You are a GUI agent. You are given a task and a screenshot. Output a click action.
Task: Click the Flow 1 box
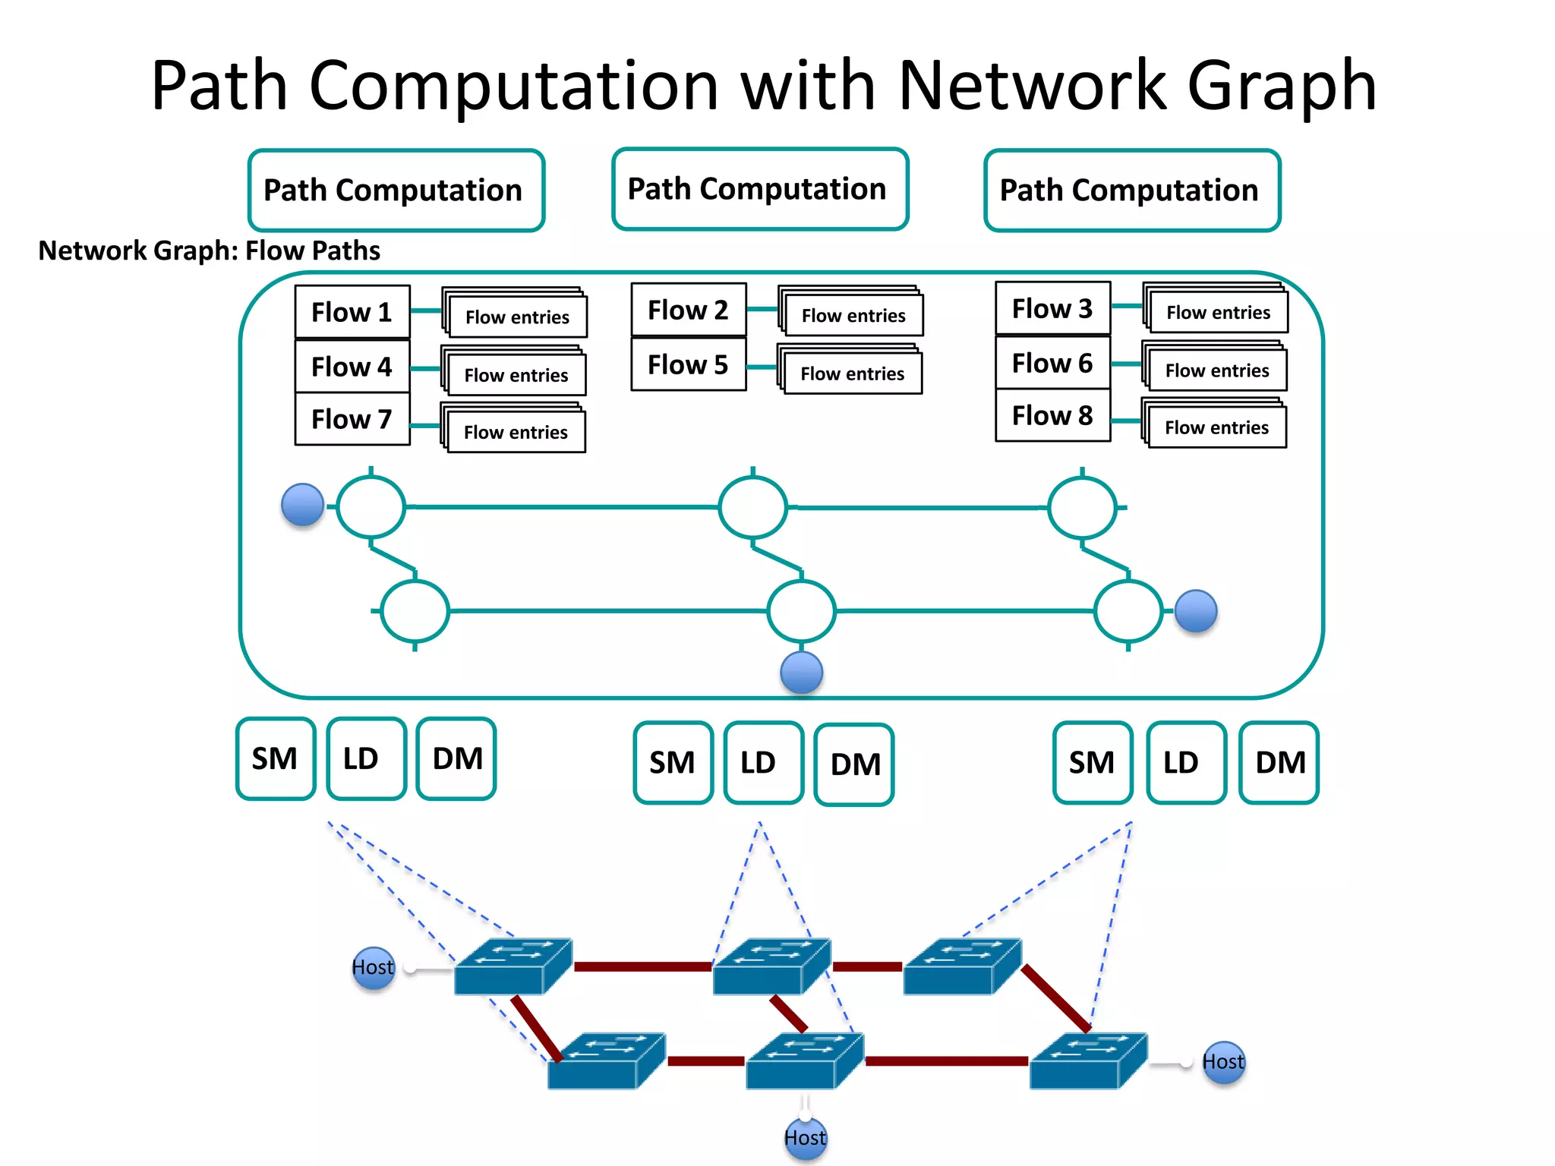point(352,312)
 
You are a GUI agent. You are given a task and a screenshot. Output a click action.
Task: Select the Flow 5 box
point(688,365)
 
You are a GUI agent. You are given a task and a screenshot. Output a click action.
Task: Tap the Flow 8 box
point(1052,416)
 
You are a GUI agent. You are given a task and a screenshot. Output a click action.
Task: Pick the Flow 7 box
point(352,419)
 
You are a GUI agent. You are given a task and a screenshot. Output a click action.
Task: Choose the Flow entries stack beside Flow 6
point(1216,369)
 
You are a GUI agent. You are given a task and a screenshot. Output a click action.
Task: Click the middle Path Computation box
point(760,189)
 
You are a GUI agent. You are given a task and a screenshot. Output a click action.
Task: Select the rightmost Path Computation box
point(1132,191)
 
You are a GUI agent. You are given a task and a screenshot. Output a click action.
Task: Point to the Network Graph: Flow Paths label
point(209,251)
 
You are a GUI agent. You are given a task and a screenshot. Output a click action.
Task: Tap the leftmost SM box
point(276,758)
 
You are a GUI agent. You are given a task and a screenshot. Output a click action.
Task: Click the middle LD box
point(762,762)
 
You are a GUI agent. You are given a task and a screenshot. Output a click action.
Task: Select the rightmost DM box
point(1279,762)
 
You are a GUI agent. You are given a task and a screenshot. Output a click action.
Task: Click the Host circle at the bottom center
point(805,1138)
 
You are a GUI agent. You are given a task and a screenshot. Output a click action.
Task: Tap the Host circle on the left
point(374,968)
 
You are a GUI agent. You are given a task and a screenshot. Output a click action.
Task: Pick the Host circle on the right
point(1223,1062)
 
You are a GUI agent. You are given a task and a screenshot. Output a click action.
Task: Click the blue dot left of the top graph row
point(302,505)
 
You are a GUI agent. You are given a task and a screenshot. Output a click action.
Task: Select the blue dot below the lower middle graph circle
point(802,672)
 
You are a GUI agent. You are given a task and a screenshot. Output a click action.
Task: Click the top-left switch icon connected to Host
point(513,966)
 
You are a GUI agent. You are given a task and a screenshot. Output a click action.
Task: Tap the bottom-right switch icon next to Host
point(1087,1060)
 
